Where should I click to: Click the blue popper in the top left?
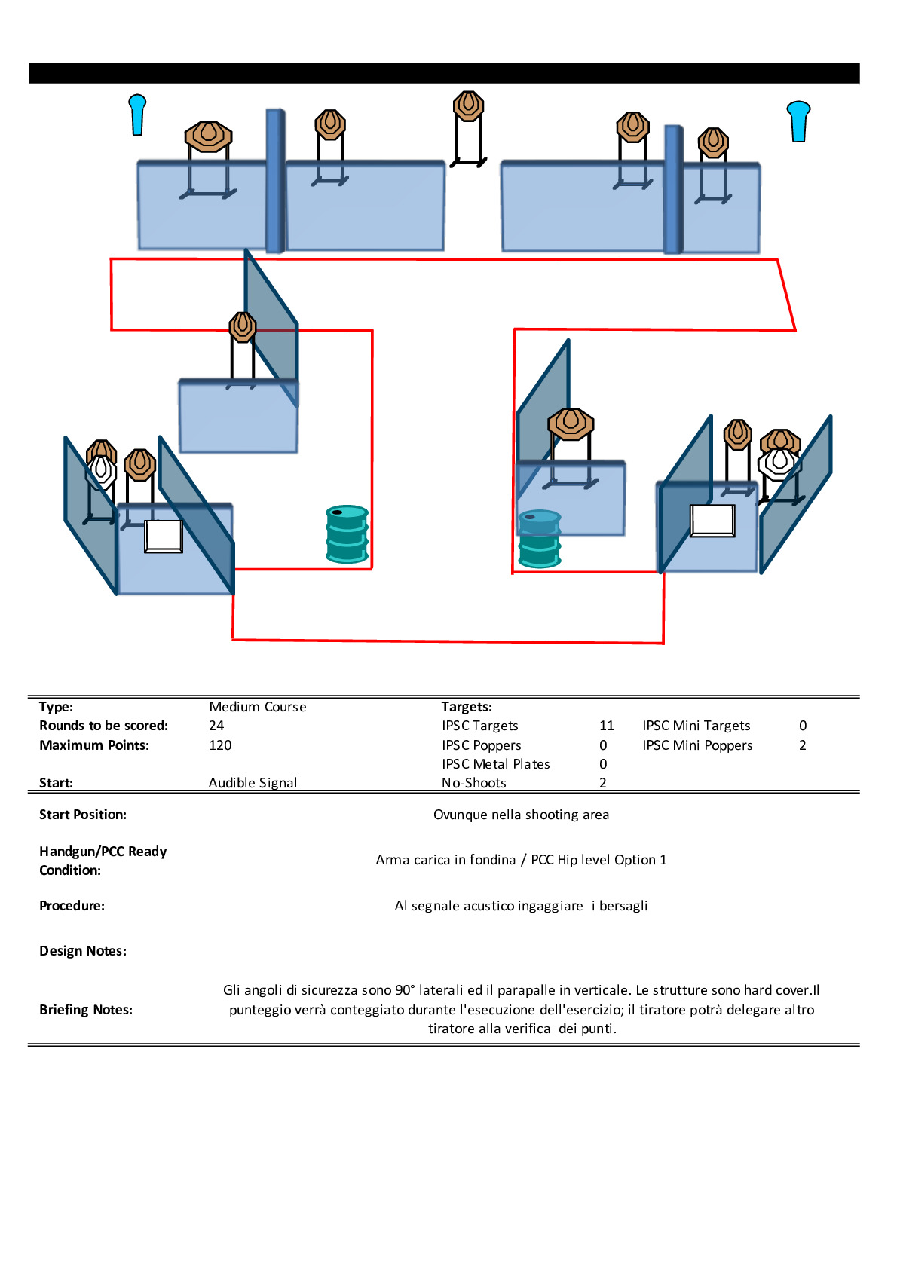pyautogui.click(x=137, y=115)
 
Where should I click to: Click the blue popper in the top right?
pyautogui.click(x=798, y=121)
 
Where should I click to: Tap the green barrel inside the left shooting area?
pyautogui.click(x=347, y=534)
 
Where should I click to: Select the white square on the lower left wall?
pyautogui.click(x=164, y=536)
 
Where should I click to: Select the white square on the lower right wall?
pyautogui.click(x=712, y=520)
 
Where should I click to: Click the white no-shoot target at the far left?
pyautogui.click(x=100, y=471)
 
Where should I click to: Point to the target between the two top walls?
pyautogui.click(x=468, y=106)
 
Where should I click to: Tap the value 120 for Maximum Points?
pyautogui.click(x=220, y=745)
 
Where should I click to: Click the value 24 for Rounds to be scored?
pyautogui.click(x=216, y=726)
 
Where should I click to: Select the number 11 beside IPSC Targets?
pyautogui.click(x=607, y=726)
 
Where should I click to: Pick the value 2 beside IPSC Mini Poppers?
pyautogui.click(x=803, y=745)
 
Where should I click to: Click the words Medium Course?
pyautogui.click(x=258, y=707)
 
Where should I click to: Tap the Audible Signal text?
pyautogui.click(x=253, y=783)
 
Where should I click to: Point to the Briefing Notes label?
pyautogui.click(x=86, y=1010)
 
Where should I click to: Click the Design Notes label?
pyautogui.click(x=83, y=951)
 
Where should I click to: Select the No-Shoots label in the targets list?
pyautogui.click(x=474, y=783)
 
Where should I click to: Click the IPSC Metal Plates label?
pyautogui.click(x=496, y=764)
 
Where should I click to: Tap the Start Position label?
pyautogui.click(x=83, y=815)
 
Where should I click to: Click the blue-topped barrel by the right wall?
pyautogui.click(x=540, y=538)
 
